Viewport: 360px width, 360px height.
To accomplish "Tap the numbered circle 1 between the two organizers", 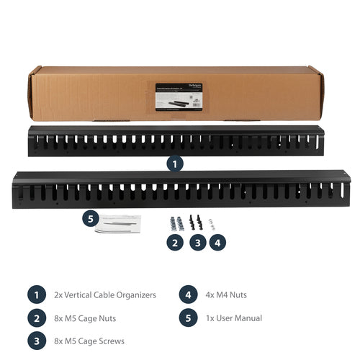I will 174,163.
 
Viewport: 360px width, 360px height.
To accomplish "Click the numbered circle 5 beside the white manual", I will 89,218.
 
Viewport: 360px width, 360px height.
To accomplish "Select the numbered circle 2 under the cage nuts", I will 174,243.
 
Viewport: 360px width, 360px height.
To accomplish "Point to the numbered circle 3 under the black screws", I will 197,243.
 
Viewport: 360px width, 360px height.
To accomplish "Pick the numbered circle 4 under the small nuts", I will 218,243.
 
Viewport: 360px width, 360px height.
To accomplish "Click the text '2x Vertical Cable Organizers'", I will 105,295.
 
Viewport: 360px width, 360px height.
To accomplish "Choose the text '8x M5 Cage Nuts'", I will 85,318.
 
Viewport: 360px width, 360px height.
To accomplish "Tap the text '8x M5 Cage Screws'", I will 89,341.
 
